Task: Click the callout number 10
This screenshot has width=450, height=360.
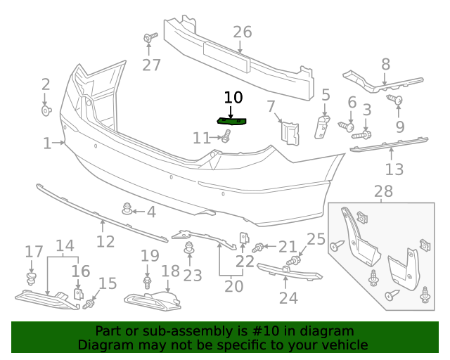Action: pyautogui.click(x=233, y=98)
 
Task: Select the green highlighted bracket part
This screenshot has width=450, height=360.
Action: pyautogui.click(x=233, y=122)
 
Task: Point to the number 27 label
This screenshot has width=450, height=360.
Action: pyautogui.click(x=151, y=65)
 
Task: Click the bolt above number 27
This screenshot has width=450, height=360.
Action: pyautogui.click(x=150, y=37)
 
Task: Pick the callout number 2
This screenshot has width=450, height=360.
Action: pyautogui.click(x=46, y=85)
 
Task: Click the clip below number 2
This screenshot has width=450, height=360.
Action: pyautogui.click(x=46, y=110)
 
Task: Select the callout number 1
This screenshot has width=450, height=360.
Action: pyautogui.click(x=47, y=143)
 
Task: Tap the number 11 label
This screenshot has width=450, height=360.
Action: pyautogui.click(x=202, y=138)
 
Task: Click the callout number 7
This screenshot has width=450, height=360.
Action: pyautogui.click(x=271, y=107)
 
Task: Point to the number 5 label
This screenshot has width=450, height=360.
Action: pyautogui.click(x=326, y=95)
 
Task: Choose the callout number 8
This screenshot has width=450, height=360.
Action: pyautogui.click(x=385, y=65)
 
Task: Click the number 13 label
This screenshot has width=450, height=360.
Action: pyautogui.click(x=394, y=169)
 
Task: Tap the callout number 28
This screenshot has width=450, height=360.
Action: pyautogui.click(x=383, y=191)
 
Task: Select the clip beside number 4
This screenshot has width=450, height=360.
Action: pyautogui.click(x=128, y=208)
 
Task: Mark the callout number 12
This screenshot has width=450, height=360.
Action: pyautogui.click(x=105, y=242)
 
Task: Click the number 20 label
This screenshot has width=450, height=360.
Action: pyautogui.click(x=233, y=286)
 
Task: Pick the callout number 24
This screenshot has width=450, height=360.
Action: pyautogui.click(x=288, y=298)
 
